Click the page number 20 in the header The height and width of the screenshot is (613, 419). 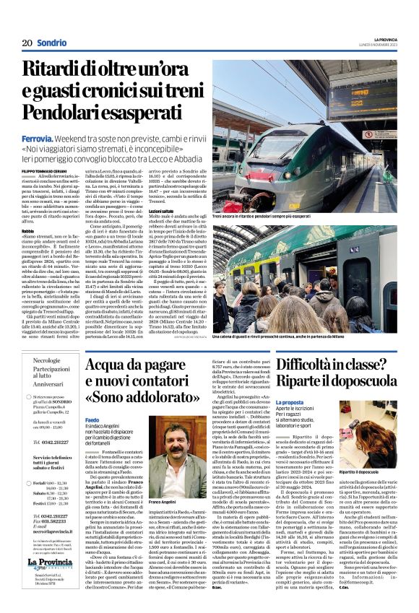(26, 43)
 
